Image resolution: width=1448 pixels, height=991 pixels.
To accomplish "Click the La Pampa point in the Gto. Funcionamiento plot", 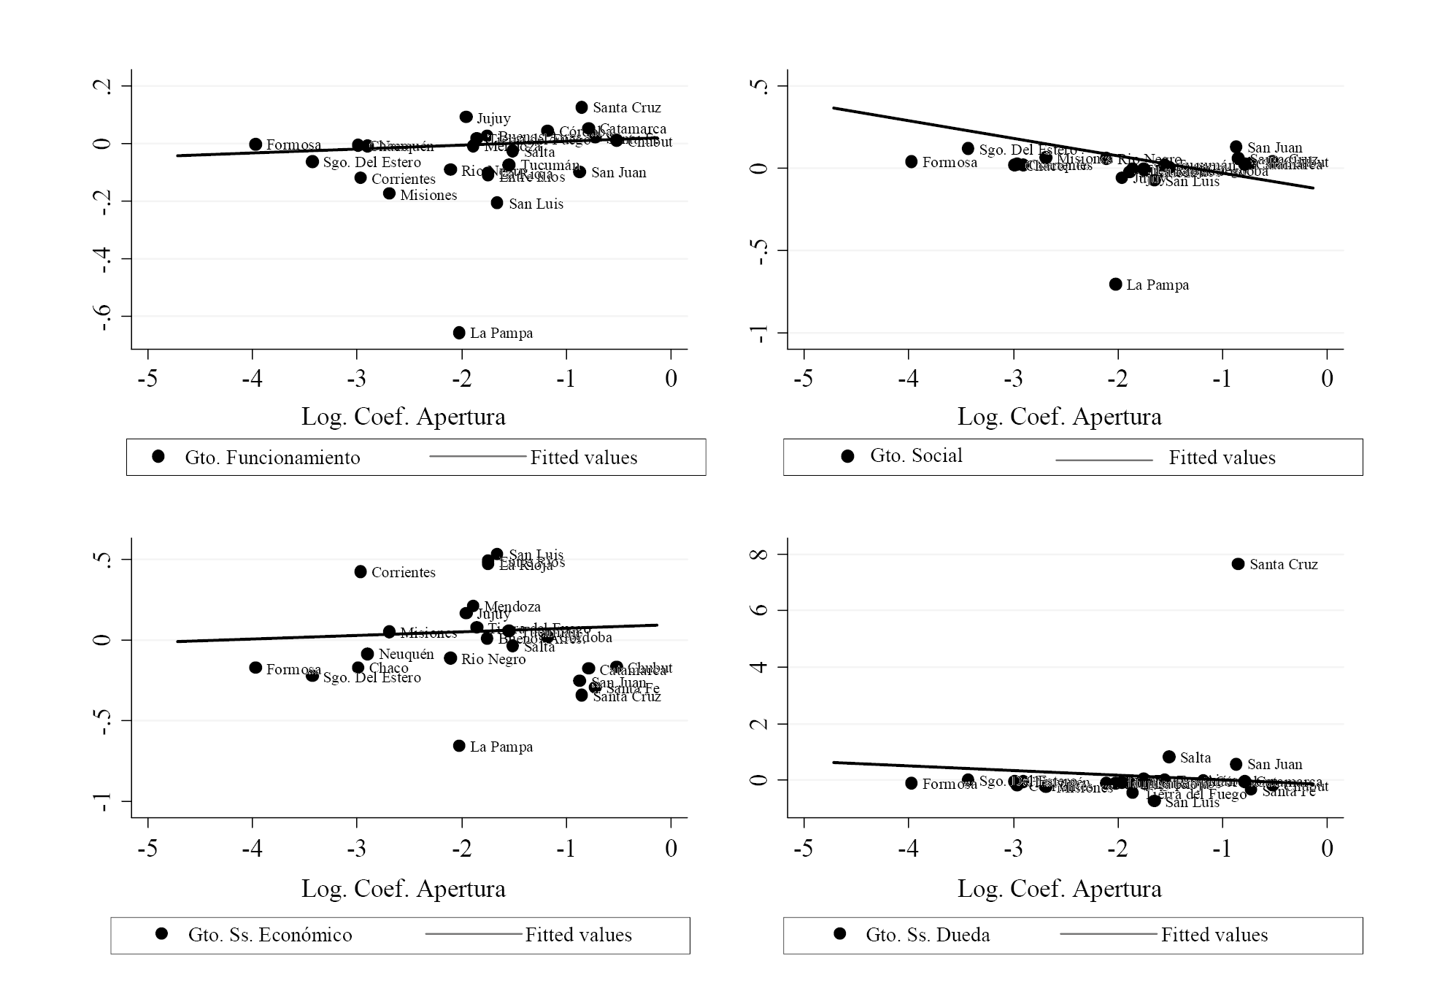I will [459, 333].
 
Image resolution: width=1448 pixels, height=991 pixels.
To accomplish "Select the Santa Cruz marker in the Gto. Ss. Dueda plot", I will [1238, 564].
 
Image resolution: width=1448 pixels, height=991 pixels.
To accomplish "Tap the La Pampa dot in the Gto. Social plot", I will [1115, 285].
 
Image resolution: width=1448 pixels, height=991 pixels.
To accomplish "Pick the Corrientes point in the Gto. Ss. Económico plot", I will [361, 572].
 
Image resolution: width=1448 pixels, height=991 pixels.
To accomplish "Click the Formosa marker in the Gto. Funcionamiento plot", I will [255, 144].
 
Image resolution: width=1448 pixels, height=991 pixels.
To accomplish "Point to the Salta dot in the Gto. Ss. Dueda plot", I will [1168, 757].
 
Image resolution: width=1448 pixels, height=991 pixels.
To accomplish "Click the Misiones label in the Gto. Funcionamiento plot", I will [428, 196].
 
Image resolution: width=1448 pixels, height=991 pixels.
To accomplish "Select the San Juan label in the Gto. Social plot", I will [1274, 148].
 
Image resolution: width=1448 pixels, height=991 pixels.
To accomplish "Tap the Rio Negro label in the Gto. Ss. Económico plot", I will [493, 660].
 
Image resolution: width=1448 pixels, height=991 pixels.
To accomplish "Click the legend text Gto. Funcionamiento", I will [272, 458].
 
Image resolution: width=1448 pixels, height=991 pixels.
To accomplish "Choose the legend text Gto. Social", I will [916, 456].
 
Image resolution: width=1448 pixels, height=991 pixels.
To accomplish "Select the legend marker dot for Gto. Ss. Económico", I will [162, 934].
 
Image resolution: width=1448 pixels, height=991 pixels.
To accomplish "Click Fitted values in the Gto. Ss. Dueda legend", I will [1214, 936].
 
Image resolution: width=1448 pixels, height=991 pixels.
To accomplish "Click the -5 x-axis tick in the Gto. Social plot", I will [804, 379].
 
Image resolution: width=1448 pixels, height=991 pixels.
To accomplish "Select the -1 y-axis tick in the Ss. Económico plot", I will [103, 802].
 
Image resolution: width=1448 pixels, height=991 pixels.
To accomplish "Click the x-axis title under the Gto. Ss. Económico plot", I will [403, 889].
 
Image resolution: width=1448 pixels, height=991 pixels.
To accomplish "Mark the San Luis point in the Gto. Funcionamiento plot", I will [497, 203].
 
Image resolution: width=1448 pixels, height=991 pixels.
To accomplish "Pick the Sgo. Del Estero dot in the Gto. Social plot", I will [968, 149].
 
